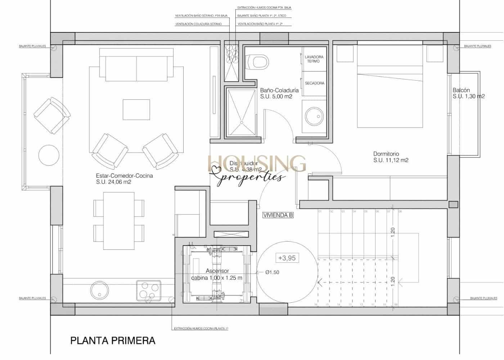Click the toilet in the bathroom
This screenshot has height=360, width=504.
(258, 62)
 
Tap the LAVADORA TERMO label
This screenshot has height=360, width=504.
(314, 59)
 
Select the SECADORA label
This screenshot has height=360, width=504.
(314, 83)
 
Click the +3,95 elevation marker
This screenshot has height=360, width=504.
(287, 258)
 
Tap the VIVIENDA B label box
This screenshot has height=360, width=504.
(278, 215)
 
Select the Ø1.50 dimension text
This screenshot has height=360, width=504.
(272, 273)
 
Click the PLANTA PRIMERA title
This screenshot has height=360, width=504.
(113, 341)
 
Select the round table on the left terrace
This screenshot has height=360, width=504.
(49, 155)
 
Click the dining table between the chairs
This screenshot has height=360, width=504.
(119, 221)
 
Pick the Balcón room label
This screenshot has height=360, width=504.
(461, 90)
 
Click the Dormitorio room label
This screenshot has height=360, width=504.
(386, 154)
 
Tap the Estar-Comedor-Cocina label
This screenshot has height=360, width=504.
(124, 176)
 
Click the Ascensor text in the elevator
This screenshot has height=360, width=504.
(217, 271)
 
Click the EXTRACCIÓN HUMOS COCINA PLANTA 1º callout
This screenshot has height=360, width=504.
(201, 329)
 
